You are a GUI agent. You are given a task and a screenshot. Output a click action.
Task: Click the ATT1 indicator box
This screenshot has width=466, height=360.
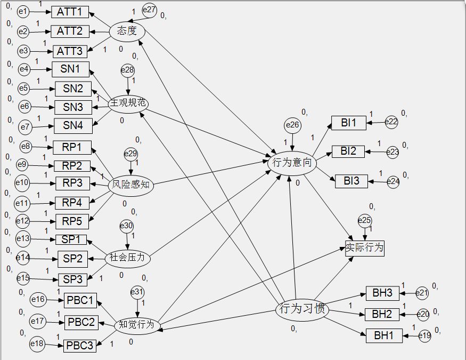coord(70,12)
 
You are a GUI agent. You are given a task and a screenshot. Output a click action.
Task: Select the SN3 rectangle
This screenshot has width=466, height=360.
coord(73,107)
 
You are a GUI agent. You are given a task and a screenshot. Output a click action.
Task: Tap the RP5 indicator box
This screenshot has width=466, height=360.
coord(72,221)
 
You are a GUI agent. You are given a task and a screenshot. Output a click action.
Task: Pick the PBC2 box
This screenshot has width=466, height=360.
coord(81,322)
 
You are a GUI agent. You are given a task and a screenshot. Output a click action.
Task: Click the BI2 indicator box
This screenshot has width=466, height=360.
coord(348,151)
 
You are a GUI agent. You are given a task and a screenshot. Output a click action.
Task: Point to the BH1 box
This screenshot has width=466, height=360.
coord(384,335)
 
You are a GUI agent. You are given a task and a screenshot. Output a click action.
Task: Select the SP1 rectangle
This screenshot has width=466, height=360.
coord(71,240)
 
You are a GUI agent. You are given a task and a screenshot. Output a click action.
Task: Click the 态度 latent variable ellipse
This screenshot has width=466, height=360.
coord(127,31)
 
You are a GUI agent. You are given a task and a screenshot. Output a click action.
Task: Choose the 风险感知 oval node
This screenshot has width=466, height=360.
coord(130,185)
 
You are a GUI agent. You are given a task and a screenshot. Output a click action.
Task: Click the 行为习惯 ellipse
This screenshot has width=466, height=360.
coord(301,309)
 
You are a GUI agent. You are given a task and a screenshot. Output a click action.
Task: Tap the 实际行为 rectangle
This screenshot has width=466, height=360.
coord(365,248)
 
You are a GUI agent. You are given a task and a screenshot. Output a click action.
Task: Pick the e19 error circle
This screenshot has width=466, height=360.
coord(424,336)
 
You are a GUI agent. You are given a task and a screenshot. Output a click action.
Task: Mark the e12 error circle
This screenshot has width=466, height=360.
coord(22,221)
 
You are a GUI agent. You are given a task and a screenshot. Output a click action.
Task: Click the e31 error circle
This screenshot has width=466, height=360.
coord(137,292)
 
